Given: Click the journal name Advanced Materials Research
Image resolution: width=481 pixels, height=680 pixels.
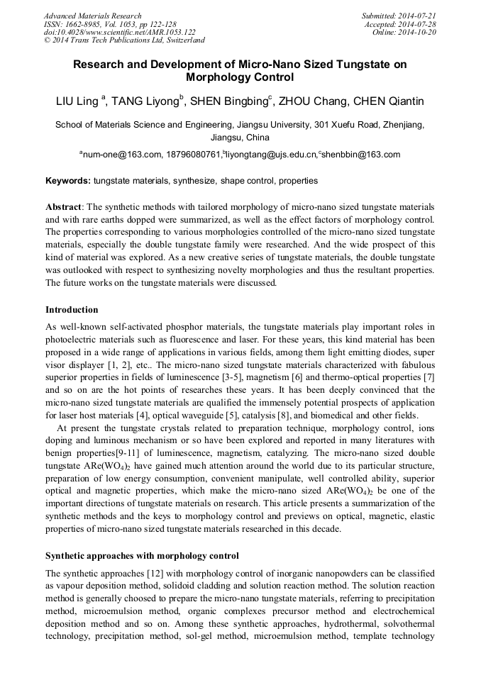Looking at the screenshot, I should (93, 16).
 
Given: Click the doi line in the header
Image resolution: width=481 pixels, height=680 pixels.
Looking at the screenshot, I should (119, 32).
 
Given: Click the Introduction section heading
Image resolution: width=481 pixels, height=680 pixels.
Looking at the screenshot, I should (72, 310).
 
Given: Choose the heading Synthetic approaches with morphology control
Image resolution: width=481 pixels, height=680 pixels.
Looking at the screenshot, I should (142, 555).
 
